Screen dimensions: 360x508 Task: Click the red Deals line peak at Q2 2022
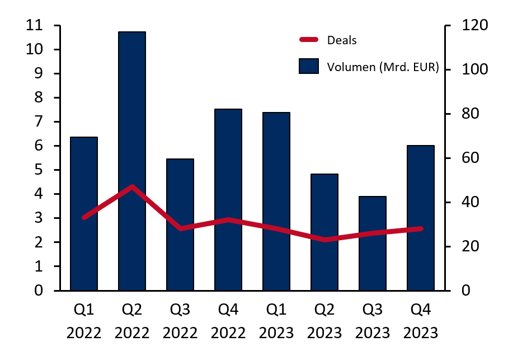pyautogui.click(x=132, y=186)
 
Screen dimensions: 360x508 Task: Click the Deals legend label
pyautogui.click(x=341, y=40)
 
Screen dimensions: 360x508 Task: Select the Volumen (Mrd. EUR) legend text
pyautogui.click(x=383, y=67)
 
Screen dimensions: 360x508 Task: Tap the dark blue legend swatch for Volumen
pyautogui.click(x=308, y=66)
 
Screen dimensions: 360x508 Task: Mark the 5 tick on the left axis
pyautogui.click(x=38, y=170)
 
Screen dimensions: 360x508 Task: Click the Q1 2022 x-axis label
pyautogui.click(x=84, y=321)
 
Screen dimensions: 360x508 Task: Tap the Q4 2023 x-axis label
pyautogui.click(x=420, y=321)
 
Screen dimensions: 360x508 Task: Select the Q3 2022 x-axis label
pyautogui.click(x=180, y=321)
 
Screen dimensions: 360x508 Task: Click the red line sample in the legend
pyautogui.click(x=309, y=40)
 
